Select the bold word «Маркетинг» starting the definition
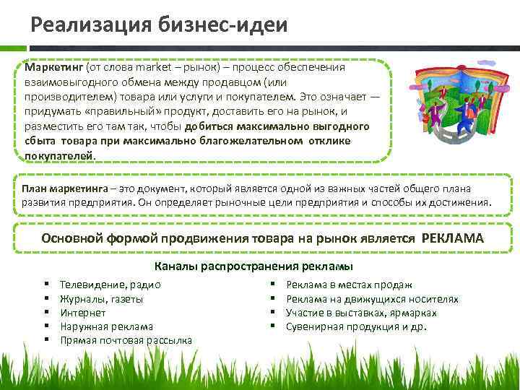coord(53,67)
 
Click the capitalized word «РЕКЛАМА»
coord(451,238)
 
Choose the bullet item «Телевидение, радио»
coord(110,285)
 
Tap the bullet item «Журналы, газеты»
coord(102,299)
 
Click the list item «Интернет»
coord(83,313)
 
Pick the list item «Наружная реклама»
coord(107,326)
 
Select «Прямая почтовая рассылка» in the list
coord(126,340)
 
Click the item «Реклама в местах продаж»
coord(349,285)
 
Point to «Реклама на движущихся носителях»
coord(372,299)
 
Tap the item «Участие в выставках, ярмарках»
coord(361,313)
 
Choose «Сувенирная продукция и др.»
coord(356,326)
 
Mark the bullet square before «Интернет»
coord(45,313)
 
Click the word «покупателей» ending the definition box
coord(59,155)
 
